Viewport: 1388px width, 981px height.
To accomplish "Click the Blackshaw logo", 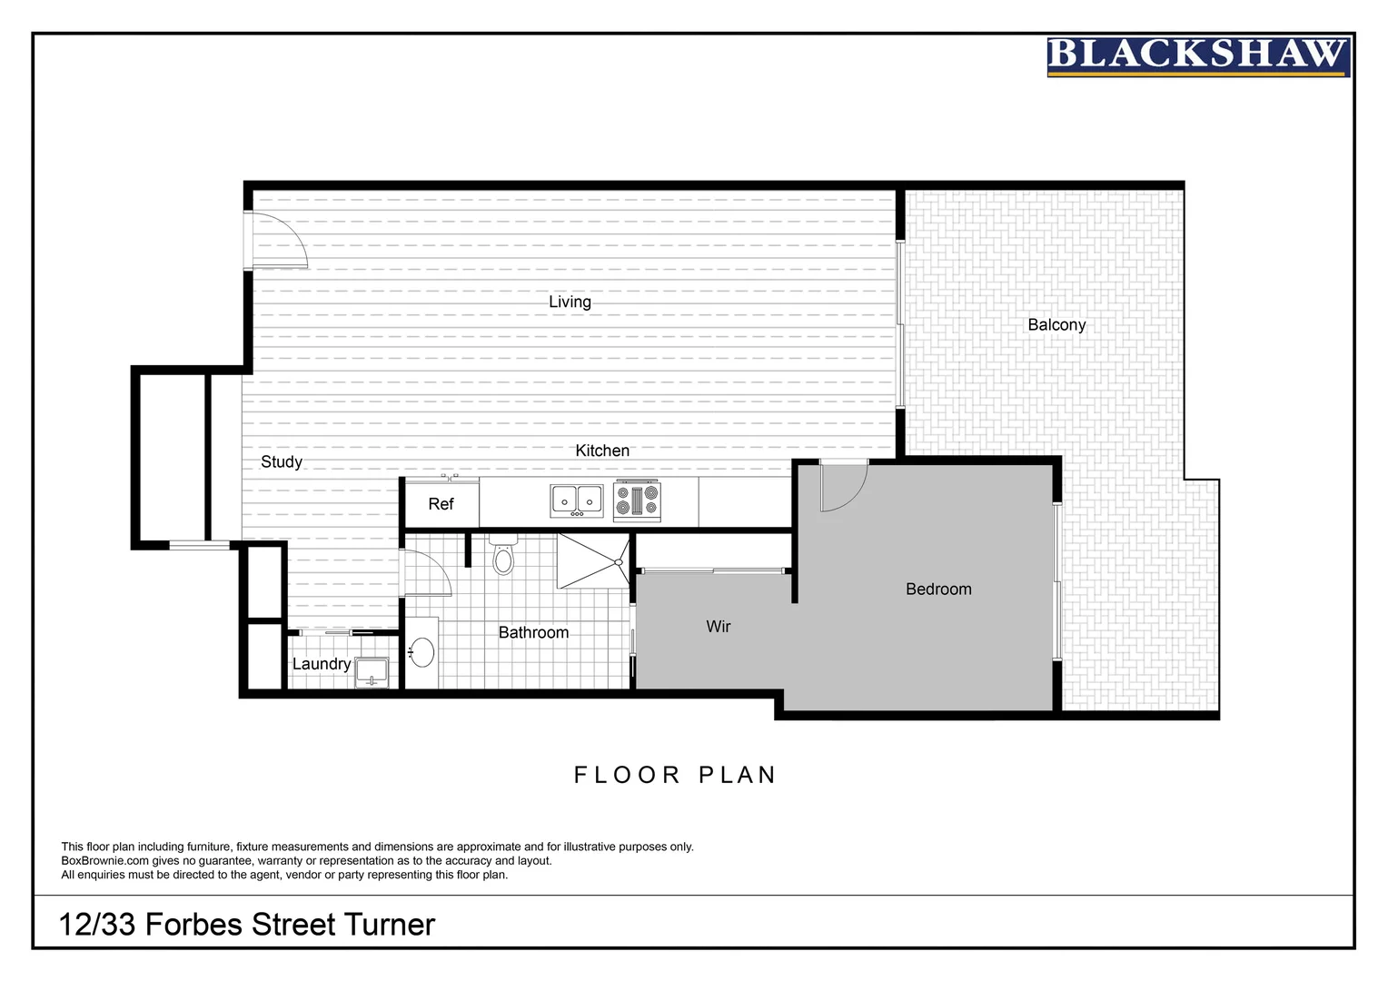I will tap(1197, 56).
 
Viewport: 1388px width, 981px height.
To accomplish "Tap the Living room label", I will tap(570, 302).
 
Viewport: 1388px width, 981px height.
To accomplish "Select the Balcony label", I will tap(1056, 324).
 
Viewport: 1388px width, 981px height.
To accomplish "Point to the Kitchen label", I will tap(602, 451).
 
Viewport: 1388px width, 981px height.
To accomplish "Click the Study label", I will tap(282, 461).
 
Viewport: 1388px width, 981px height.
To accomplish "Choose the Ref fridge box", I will tap(441, 504).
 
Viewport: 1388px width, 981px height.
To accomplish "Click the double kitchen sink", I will tap(577, 500).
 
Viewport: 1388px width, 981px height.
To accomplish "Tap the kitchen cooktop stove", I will tap(638, 500).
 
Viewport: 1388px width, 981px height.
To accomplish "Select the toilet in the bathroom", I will tap(503, 555).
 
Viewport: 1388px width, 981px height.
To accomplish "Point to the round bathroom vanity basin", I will tap(421, 651).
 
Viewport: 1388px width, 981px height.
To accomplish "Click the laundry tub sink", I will tap(372, 672).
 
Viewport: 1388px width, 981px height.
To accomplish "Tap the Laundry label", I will tap(321, 664).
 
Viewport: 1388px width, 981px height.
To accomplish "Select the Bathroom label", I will tap(533, 632).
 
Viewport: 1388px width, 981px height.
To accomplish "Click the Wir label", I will tap(718, 626).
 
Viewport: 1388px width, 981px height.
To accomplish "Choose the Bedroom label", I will tap(938, 589).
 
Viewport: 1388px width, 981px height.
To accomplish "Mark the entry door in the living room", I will tap(279, 242).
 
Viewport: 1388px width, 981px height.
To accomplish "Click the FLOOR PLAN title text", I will tap(675, 775).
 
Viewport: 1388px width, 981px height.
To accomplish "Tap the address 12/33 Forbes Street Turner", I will tap(247, 925).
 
